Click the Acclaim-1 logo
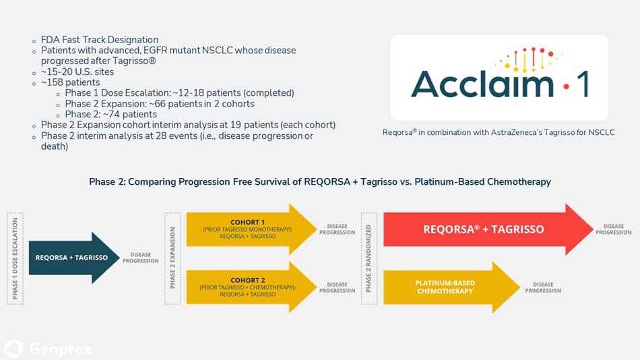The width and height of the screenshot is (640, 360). tap(499, 78)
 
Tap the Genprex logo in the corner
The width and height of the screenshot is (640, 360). tap(49, 349)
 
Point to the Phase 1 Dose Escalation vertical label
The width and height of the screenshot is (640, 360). tap(15, 258)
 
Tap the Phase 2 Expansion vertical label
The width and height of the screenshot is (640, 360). tap(172, 258)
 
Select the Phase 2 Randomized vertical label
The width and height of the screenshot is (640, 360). tap(369, 258)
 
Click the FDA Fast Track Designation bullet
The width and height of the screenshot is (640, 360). tap(99, 40)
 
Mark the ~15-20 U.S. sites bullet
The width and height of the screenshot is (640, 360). tap(77, 71)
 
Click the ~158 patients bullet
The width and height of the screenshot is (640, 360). tap(70, 82)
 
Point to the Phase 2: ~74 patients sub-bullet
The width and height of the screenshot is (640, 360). tap(110, 115)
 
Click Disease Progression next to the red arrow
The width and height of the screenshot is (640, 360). tap(613, 229)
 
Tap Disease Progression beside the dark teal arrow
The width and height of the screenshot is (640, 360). tap(140, 258)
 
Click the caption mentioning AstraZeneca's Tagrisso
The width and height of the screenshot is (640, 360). tap(499, 133)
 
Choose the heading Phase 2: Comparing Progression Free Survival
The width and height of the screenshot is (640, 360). tap(319, 182)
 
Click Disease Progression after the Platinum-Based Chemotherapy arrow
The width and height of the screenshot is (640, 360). tap(543, 287)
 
